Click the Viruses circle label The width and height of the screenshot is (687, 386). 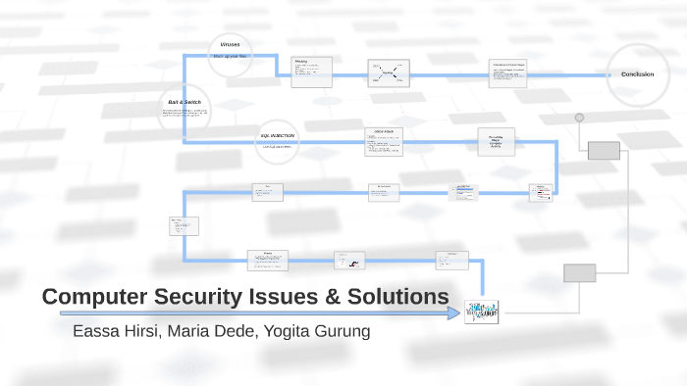(x=230, y=45)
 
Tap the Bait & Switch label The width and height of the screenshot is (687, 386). (x=185, y=102)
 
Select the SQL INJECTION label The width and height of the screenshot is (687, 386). (x=277, y=136)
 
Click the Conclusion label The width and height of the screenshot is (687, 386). (x=637, y=74)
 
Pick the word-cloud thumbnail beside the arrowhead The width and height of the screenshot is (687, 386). (x=482, y=312)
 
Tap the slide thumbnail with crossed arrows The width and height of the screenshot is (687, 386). (x=389, y=72)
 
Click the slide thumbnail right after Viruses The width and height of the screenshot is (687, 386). (x=312, y=71)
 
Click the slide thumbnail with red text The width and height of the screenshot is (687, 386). (x=541, y=193)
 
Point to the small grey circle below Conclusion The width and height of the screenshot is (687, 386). (x=579, y=118)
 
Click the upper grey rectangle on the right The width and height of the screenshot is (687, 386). (x=604, y=150)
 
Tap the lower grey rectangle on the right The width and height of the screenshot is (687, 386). (x=579, y=273)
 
